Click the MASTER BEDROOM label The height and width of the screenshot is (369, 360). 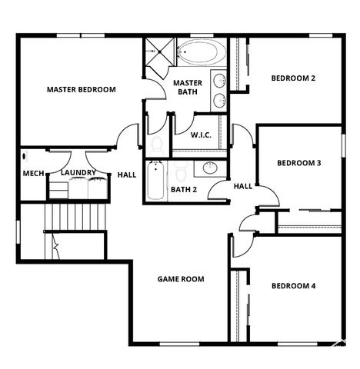pos(81,90)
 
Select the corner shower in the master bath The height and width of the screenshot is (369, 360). pos(158,55)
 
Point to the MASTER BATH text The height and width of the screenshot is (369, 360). pos(187,87)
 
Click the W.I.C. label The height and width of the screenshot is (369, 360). pos(202,135)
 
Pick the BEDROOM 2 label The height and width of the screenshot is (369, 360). pos(293,78)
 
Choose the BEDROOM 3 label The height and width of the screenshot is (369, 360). pos(298,163)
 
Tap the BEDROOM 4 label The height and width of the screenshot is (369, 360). pos(293,286)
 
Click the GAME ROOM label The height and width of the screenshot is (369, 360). pos(181,279)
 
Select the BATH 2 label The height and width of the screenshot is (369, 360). pos(184,189)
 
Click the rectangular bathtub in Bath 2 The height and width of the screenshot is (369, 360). pos(155,180)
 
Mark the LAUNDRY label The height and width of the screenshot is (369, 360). pos(77,174)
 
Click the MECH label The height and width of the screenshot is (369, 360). pos(33,174)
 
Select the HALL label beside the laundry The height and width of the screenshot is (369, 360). pos(127,175)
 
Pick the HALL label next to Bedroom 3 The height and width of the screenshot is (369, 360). pos(243,186)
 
